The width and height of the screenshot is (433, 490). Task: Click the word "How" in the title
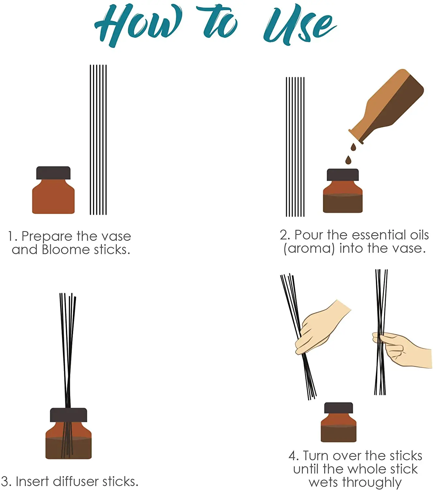coord(138,25)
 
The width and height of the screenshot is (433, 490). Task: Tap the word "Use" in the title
coord(300,25)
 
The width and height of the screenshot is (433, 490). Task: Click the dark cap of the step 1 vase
coord(54,173)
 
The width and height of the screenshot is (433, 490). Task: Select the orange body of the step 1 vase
coord(54,197)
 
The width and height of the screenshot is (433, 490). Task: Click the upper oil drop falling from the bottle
coord(353,147)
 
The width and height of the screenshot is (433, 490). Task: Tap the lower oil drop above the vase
coord(348,160)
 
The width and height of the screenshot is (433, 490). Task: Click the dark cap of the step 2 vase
coord(343,175)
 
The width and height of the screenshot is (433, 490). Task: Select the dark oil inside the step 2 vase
coord(343,204)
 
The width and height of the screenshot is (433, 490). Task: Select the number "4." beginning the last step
coord(294,456)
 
